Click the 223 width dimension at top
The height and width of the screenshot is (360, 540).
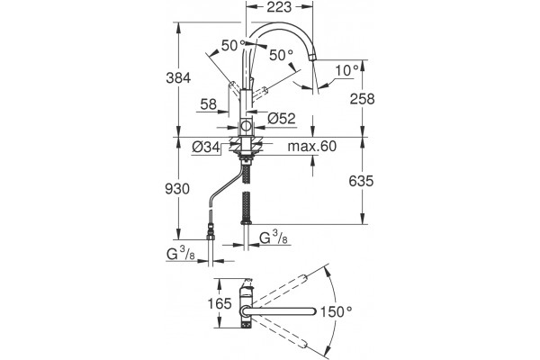pyautogui.click(x=279, y=7)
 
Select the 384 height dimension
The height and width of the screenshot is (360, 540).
pyautogui.click(x=178, y=78)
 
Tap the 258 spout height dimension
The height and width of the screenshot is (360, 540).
pyautogui.click(x=362, y=99)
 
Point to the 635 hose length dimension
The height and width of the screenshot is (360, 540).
pyautogui.click(x=361, y=181)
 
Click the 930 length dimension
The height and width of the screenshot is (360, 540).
pyautogui.click(x=177, y=189)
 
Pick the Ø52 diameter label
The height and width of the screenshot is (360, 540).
pyautogui.click(x=282, y=119)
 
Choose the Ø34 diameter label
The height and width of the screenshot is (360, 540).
pyautogui.click(x=206, y=148)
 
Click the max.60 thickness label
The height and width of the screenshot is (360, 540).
pyautogui.click(x=312, y=146)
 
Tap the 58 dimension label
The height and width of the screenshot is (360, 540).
pyautogui.click(x=209, y=104)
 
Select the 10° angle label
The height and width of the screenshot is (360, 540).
pyautogui.click(x=347, y=70)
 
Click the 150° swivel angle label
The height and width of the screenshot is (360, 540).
pyautogui.click(x=337, y=312)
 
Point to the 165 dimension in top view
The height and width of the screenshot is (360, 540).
pyautogui.click(x=220, y=303)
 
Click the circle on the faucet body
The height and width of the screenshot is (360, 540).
pyautogui.click(x=246, y=126)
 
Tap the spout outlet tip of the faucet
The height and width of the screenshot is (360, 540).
pyautogui.click(x=312, y=57)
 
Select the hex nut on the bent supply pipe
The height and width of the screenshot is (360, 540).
pyautogui.click(x=210, y=237)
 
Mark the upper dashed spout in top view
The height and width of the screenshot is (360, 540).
pyautogui.click(x=280, y=291)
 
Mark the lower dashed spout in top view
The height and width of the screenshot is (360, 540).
pyautogui.click(x=280, y=333)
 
